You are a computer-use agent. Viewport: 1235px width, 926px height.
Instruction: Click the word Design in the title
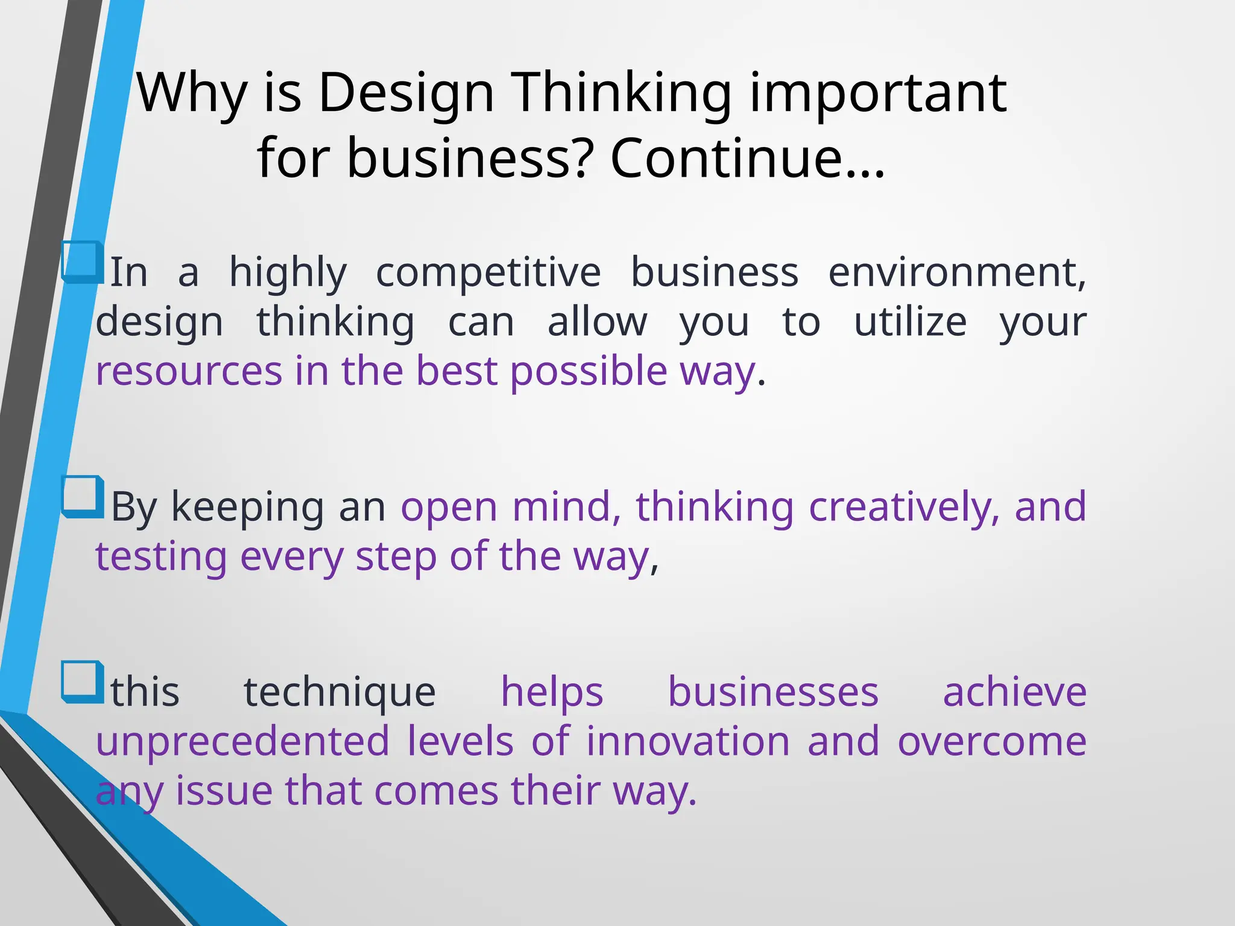(x=406, y=93)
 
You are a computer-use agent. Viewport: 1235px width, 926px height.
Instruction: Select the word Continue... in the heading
(x=748, y=158)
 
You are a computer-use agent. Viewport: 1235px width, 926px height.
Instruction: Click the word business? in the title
(x=470, y=158)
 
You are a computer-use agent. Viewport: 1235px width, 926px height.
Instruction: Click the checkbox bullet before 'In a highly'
(x=81, y=262)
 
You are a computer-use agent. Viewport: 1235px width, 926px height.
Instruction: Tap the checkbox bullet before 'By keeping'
(x=81, y=497)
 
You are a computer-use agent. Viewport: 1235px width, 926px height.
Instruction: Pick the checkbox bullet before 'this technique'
(x=81, y=682)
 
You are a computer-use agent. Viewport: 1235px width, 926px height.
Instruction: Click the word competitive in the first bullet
(x=488, y=272)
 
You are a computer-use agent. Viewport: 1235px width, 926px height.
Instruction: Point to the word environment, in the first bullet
(x=958, y=272)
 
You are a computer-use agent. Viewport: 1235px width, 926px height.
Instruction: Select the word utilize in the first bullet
(x=910, y=322)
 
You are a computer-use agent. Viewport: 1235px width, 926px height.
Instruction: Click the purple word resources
(x=189, y=371)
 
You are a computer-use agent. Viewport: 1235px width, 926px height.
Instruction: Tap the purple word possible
(x=588, y=371)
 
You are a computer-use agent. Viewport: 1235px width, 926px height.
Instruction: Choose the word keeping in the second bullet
(x=248, y=507)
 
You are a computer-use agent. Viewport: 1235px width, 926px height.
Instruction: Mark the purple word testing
(x=161, y=556)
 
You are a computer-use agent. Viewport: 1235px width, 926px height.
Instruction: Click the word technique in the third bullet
(x=340, y=692)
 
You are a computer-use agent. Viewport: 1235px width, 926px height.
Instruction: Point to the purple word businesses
(x=773, y=692)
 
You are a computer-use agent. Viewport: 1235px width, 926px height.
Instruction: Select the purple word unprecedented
(x=242, y=742)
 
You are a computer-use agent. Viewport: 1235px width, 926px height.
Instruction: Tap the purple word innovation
(x=688, y=742)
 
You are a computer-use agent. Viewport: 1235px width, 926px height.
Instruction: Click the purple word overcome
(x=992, y=742)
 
